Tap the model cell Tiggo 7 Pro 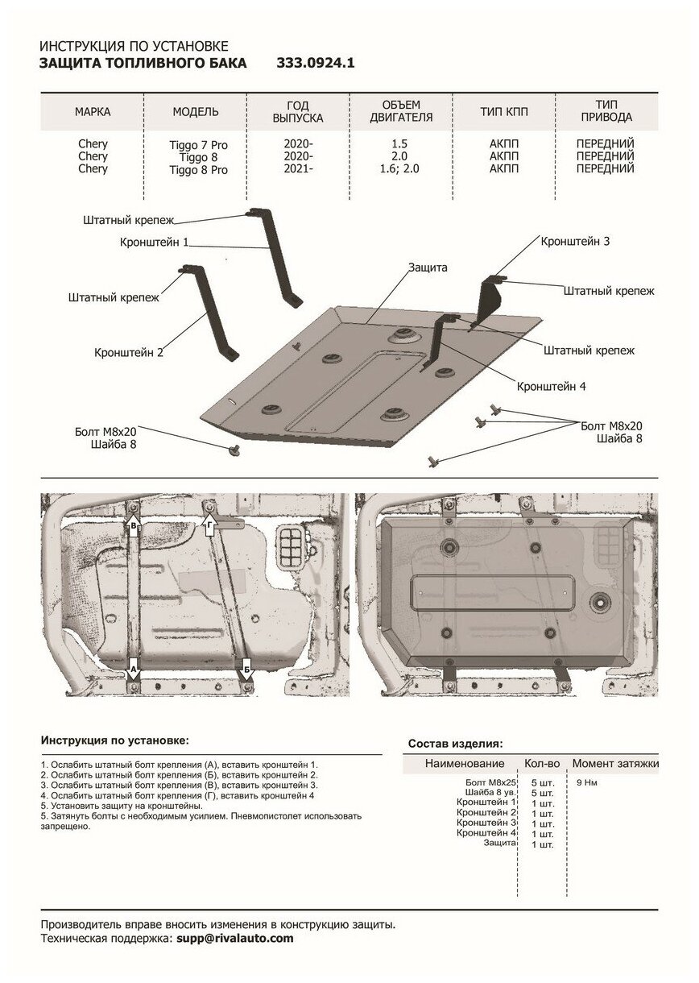(x=198, y=145)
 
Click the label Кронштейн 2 (x=129, y=352)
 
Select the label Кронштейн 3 (x=575, y=241)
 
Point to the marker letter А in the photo (x=134, y=668)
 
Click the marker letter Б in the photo (x=246, y=669)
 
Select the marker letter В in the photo (x=134, y=526)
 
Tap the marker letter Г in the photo (x=209, y=526)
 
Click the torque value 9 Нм (x=587, y=782)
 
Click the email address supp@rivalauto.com (x=234, y=939)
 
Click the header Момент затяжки (x=615, y=763)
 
